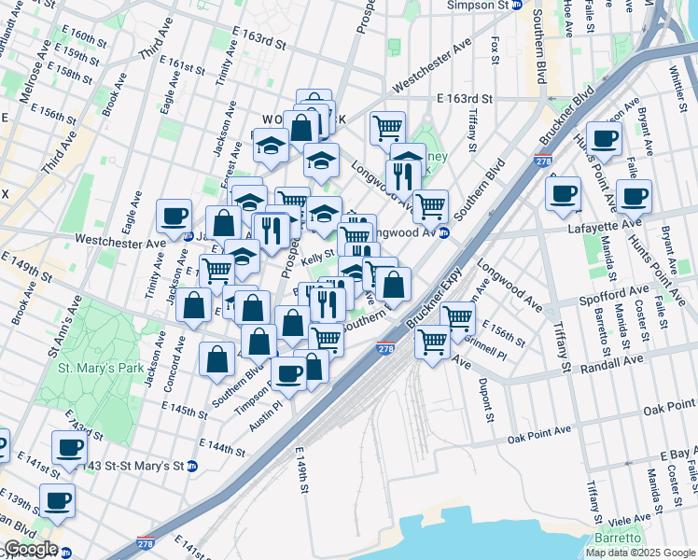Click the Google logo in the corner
tap(30, 549)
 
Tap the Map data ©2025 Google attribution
tap(640, 553)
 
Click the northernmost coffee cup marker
tap(603, 139)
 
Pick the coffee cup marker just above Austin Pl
tap(290, 372)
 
